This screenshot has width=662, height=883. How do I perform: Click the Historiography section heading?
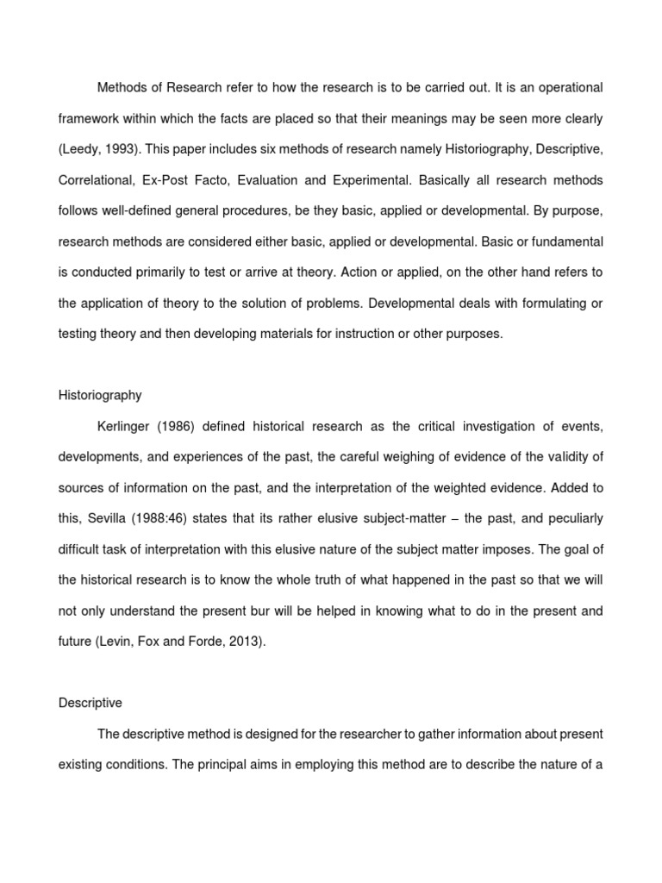tap(100, 395)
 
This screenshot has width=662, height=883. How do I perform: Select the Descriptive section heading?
tap(91, 703)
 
